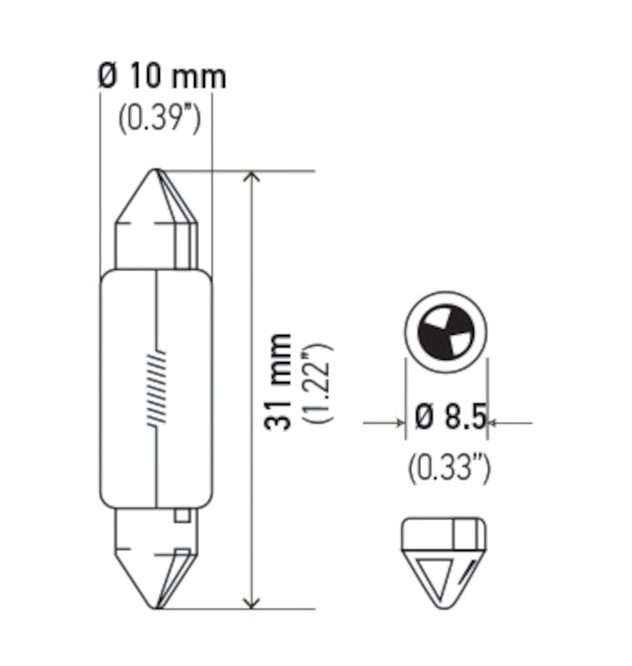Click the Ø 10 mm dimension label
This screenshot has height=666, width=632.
pos(162,77)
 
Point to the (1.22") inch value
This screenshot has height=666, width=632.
pos(317,382)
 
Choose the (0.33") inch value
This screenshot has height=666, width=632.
pos(449,469)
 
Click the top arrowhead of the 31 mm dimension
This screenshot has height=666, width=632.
pos(251,180)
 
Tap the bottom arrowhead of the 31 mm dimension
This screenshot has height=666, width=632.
pos(251,600)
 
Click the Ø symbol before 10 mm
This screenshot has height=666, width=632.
pos(107,77)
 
